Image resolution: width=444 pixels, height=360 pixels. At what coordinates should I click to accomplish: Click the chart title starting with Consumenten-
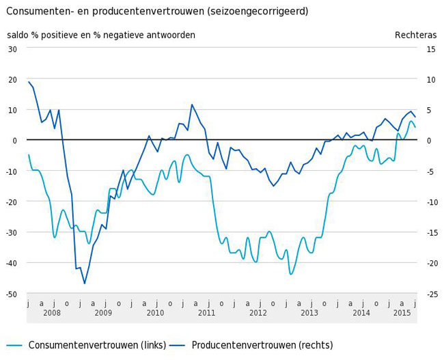coord(157,12)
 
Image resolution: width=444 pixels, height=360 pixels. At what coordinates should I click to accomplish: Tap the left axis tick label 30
coord(13,49)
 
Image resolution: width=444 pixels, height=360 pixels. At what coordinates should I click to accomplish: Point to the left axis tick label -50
coord(12,294)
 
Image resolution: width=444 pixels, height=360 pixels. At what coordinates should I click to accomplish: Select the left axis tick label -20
coord(12,202)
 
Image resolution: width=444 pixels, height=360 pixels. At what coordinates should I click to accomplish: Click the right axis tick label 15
coord(430,49)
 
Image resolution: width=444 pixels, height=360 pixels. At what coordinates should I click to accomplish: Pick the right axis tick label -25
coord(430,294)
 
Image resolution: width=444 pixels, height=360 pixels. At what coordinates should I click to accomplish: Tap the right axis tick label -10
coord(430,202)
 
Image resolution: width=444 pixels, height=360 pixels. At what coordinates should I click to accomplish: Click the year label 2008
coord(52,313)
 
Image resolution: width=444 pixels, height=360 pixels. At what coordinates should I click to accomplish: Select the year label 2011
coord(206,313)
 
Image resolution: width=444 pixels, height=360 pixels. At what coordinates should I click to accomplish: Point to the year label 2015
coord(402,313)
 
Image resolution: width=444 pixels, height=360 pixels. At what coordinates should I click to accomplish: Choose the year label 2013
coord(309,313)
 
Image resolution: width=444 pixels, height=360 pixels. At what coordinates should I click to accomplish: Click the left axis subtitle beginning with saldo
coord(101,35)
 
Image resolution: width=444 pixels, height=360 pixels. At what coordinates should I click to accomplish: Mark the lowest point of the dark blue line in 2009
coord(85,283)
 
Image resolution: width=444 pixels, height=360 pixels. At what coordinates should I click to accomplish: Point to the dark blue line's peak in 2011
coord(192,105)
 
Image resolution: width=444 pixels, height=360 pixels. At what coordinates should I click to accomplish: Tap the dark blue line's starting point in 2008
coord(28,82)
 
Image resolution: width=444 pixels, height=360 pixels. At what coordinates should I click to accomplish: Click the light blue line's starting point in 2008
coord(28,154)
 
